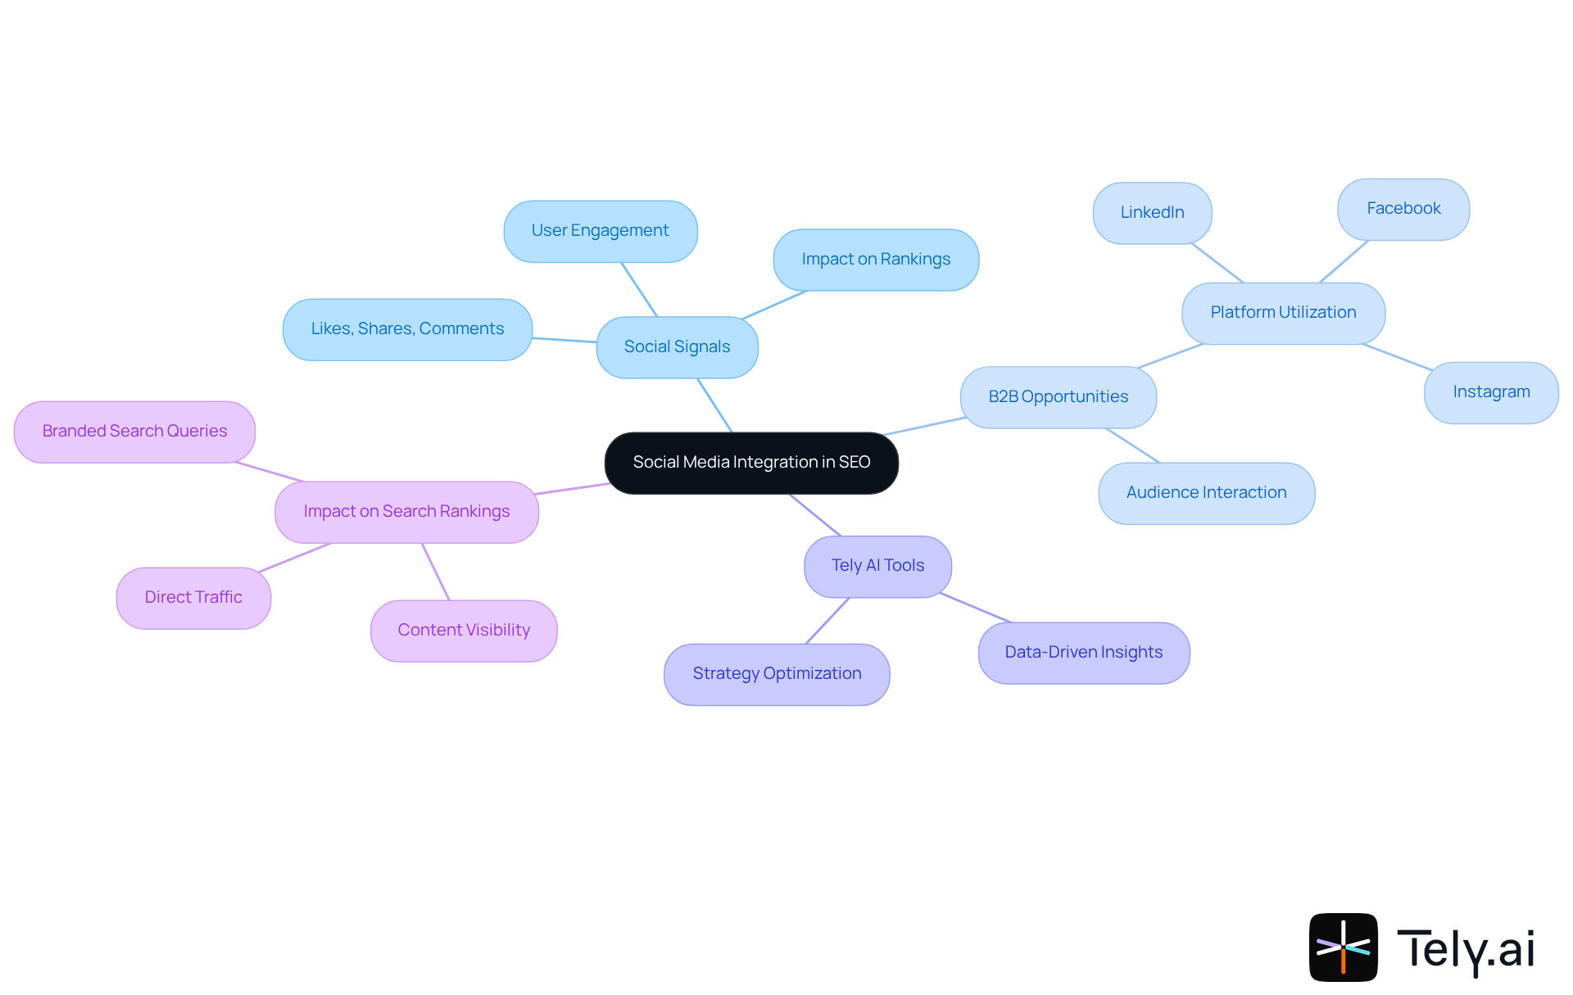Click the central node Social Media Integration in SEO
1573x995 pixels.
pyautogui.click(x=751, y=463)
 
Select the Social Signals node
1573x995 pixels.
pyautogui.click(x=677, y=347)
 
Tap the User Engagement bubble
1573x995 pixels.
pyautogui.click(x=600, y=231)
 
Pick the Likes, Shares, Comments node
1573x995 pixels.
pyautogui.click(x=407, y=329)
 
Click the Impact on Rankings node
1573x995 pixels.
pyautogui.click(x=876, y=260)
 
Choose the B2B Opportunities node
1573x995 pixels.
pyautogui.click(x=1058, y=397)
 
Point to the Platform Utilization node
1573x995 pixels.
pyautogui.click(x=1283, y=313)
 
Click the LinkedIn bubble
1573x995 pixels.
pyautogui.click(x=1152, y=213)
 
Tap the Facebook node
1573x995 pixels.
pyautogui.click(x=1403, y=209)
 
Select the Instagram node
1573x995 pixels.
pyautogui.click(x=1491, y=392)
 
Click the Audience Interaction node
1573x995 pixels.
pyautogui.click(x=1206, y=493)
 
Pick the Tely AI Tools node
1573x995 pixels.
pyautogui.click(x=877, y=566)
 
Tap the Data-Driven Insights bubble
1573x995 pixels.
pyautogui.click(x=1083, y=653)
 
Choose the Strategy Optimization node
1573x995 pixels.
pyautogui.click(x=777, y=674)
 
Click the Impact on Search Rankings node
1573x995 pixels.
pyautogui.click(x=406, y=512)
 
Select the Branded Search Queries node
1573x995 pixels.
pyautogui.click(x=134, y=432)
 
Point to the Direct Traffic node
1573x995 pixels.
pyautogui.click(x=193, y=598)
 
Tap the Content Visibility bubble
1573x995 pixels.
pyautogui.click(x=464, y=631)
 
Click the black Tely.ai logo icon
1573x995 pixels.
pyautogui.click(x=1343, y=947)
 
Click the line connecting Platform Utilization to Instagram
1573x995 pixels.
pyautogui.click(x=1398, y=357)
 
